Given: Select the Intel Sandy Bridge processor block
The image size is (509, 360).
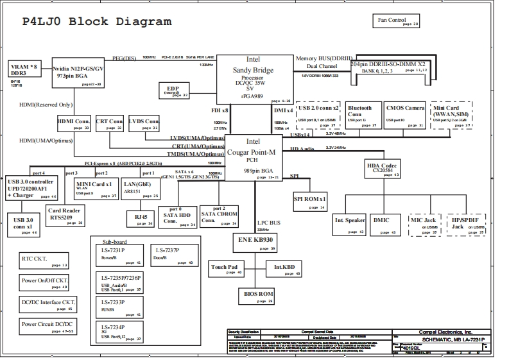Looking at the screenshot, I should point(252,78).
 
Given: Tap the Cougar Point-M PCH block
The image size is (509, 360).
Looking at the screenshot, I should point(252,158).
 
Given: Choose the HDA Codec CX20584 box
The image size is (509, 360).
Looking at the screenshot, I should point(383,168).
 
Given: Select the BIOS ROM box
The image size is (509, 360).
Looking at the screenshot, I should point(257,295).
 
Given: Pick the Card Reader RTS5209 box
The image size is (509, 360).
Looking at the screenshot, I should point(65,216).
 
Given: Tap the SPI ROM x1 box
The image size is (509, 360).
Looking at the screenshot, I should point(311,201).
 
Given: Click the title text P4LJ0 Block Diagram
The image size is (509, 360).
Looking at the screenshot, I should point(97,21).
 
